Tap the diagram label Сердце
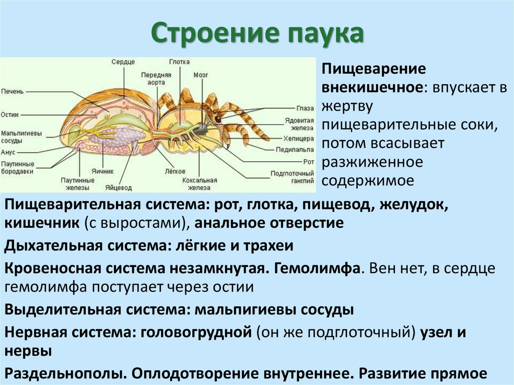[x=123, y=62]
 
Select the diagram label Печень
[x=12, y=91]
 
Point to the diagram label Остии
[x=11, y=115]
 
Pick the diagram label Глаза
[x=305, y=108]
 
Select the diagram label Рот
[x=309, y=162]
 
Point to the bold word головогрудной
[x=196, y=332]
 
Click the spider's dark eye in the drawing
[x=218, y=119]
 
